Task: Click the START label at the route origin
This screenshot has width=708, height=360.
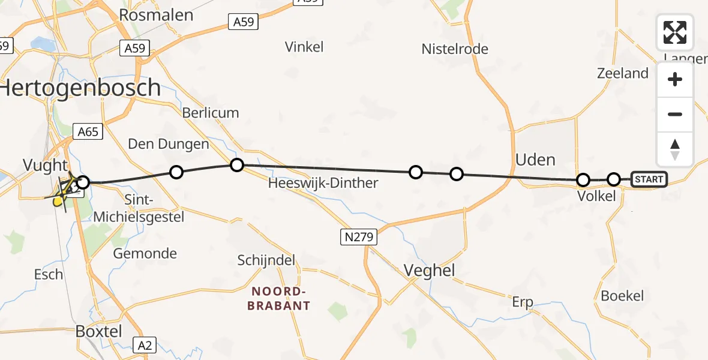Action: pyautogui.click(x=649, y=179)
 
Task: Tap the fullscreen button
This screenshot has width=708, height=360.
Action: pyautogui.click(x=675, y=32)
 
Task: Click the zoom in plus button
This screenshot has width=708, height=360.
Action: pyautogui.click(x=675, y=79)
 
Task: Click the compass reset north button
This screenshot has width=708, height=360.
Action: pyautogui.click(x=675, y=149)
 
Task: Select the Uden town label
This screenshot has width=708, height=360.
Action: pyautogui.click(x=535, y=160)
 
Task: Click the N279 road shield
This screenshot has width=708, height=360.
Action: pyautogui.click(x=359, y=237)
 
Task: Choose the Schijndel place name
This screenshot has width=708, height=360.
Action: pyautogui.click(x=266, y=260)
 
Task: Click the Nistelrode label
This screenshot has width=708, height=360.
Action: pyautogui.click(x=455, y=49)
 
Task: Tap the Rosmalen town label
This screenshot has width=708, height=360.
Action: pyautogui.click(x=156, y=15)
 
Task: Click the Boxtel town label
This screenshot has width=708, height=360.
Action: pyautogui.click(x=99, y=331)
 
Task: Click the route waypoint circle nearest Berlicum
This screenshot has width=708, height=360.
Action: pyautogui.click(x=237, y=164)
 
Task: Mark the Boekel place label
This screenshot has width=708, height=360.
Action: pyautogui.click(x=622, y=295)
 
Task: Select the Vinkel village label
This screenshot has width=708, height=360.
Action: pyautogui.click(x=304, y=46)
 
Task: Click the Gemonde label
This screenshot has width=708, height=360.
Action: pyautogui.click(x=145, y=253)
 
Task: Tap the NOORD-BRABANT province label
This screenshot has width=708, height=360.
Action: pyautogui.click(x=281, y=299)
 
